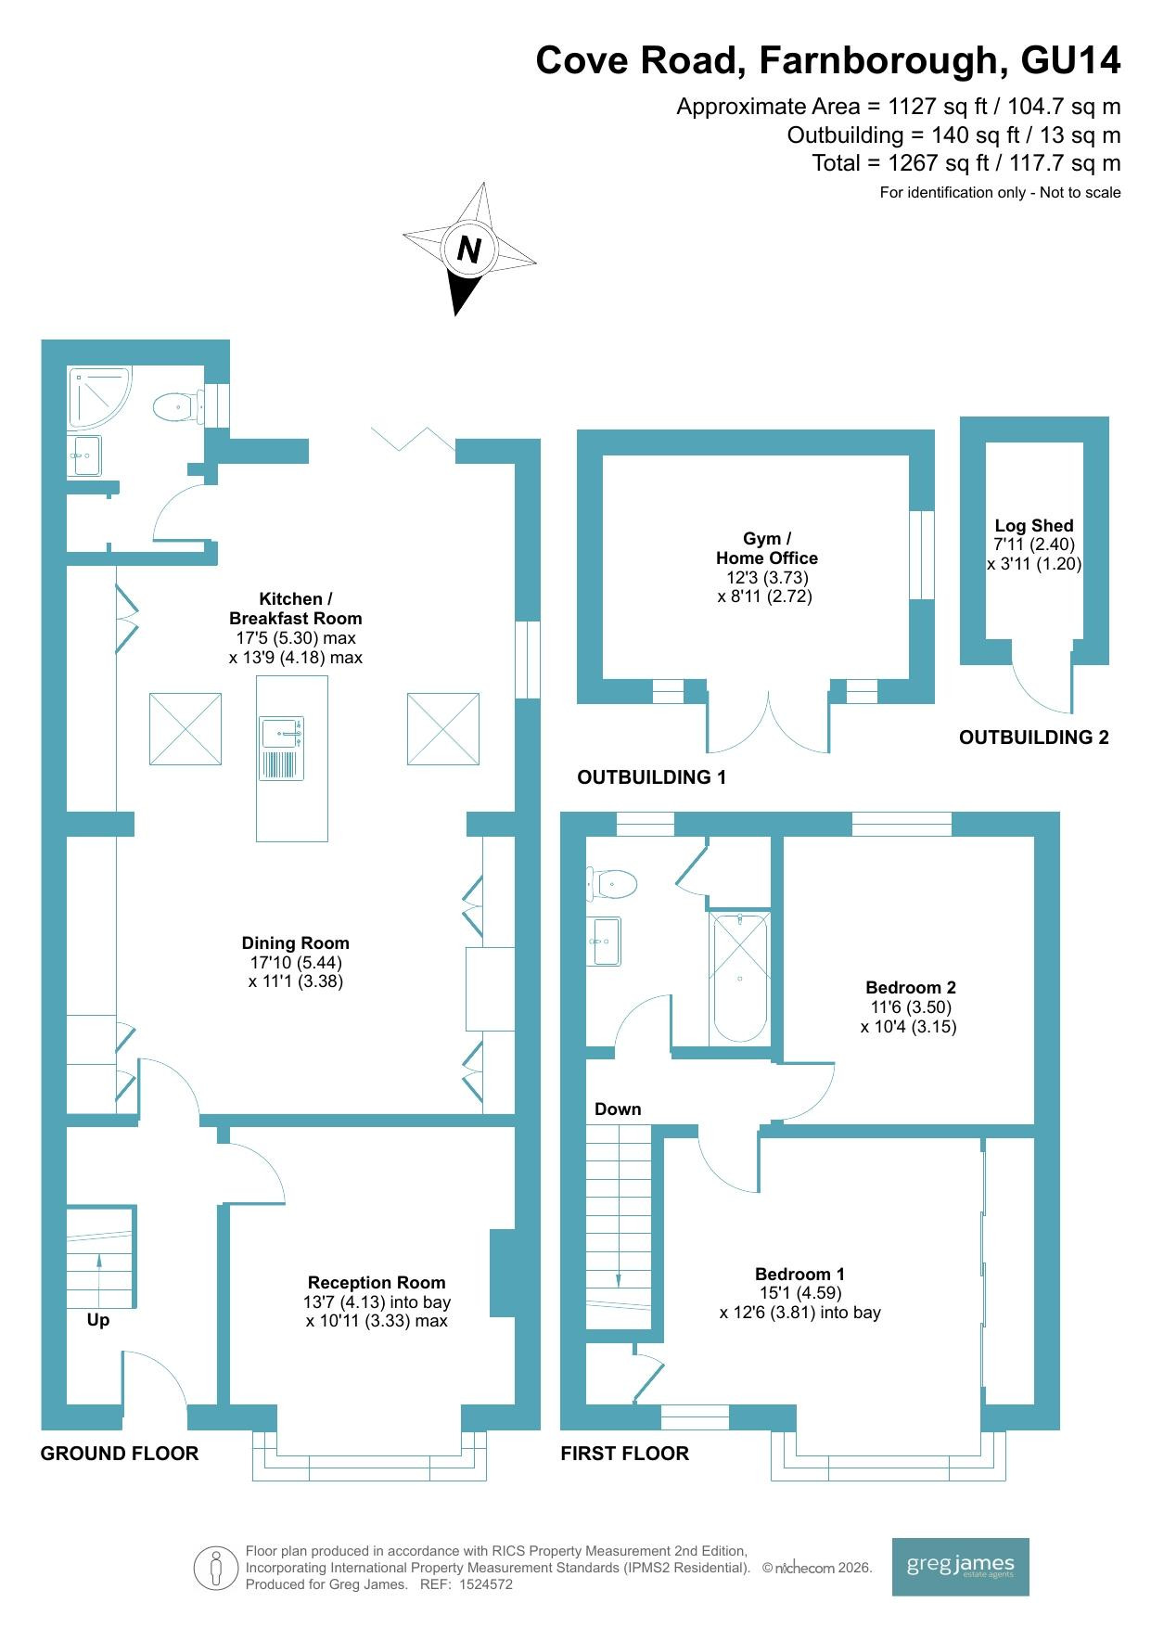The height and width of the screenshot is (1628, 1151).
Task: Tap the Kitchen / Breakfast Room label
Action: [296, 609]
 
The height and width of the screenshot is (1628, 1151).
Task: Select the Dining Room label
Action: [296, 943]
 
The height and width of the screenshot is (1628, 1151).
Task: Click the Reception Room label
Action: [377, 1282]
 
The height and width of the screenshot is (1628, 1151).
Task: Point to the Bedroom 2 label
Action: [910, 987]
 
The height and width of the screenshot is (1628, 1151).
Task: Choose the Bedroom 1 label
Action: [799, 1274]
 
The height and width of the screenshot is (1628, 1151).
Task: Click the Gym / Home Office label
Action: [767, 548]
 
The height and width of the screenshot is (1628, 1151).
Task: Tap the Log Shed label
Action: [1034, 525]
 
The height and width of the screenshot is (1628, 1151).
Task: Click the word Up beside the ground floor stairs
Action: [98, 1320]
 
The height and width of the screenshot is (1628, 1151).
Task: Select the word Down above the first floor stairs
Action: [618, 1109]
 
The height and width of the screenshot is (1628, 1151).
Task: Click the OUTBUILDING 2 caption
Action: [1034, 737]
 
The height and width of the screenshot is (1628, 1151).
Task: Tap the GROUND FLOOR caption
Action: [120, 1453]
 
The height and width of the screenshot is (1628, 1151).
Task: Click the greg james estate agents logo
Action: [960, 1567]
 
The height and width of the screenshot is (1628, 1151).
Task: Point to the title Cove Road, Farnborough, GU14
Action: [828, 61]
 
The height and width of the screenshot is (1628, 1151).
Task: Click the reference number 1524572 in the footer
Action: [486, 1584]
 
